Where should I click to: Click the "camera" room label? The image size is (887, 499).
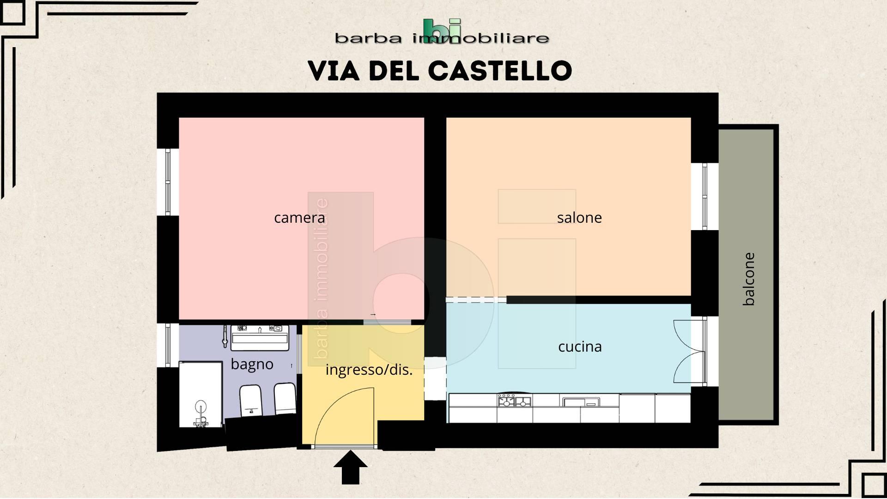[299, 218]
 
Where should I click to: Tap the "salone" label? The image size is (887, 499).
[579, 218]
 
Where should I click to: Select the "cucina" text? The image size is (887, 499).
[580, 347]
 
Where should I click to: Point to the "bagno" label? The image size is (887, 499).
[252, 365]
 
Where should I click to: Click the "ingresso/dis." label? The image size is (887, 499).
[369, 370]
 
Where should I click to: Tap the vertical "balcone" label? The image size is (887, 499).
[748, 279]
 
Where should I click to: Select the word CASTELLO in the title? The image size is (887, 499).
[500, 71]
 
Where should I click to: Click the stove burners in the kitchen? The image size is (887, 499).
[514, 400]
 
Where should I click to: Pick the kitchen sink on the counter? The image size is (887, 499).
[580, 402]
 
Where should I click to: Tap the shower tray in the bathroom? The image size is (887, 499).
[200, 395]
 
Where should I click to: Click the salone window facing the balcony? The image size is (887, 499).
[705, 196]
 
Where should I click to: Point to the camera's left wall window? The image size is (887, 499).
[168, 182]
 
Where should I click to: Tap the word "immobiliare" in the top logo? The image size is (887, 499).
[480, 38]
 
